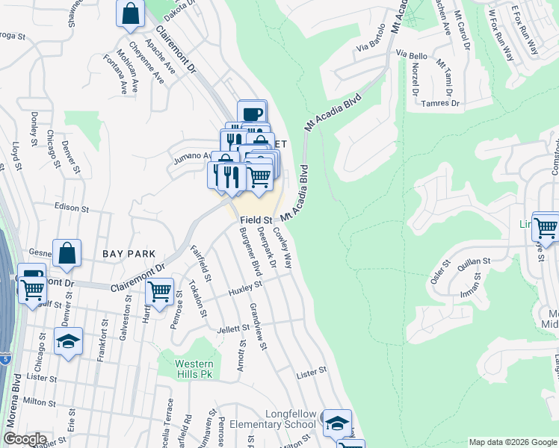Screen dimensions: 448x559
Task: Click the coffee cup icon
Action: point(253,114)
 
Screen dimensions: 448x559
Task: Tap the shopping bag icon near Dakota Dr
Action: point(131,14)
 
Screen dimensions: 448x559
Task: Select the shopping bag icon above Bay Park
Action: point(67,252)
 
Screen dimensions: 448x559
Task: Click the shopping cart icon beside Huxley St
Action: point(159,292)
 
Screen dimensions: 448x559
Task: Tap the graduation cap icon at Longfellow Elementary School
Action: point(337,422)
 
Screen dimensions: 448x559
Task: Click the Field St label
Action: point(255,220)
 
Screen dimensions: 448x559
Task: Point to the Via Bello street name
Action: point(412,55)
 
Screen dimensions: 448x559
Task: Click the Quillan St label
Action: point(474,261)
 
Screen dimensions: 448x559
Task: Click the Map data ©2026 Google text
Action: point(512,442)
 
